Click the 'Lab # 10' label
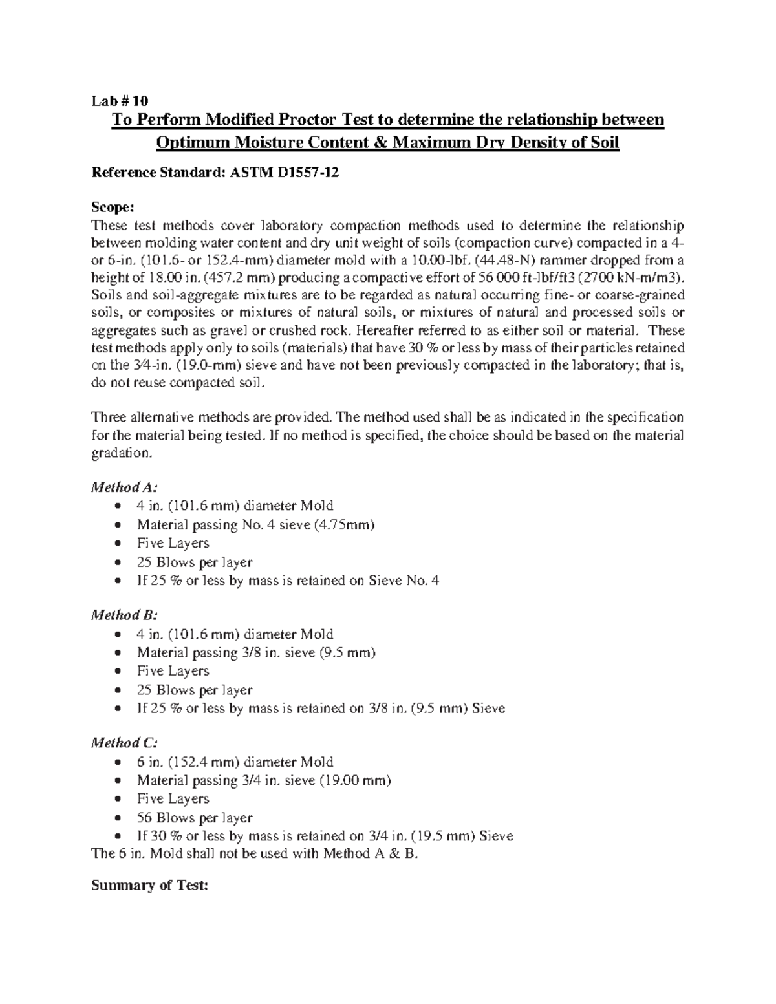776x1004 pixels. point(120,101)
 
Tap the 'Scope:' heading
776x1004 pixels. point(113,208)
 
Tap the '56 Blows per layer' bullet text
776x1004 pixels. point(194,818)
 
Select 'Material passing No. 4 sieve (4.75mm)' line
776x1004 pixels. point(255,525)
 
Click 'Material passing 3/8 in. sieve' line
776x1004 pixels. point(256,653)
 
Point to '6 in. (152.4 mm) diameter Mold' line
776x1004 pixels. point(235,762)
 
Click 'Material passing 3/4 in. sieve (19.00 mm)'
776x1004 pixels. point(264,780)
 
